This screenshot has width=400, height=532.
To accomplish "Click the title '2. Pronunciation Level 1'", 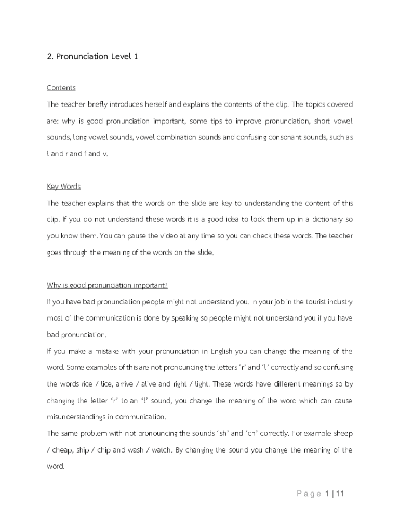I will (92, 56).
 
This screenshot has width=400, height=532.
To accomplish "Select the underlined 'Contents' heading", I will (61, 88).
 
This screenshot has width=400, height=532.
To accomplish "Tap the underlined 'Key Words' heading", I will (64, 187).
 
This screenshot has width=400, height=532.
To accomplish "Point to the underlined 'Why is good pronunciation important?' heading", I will (108, 285).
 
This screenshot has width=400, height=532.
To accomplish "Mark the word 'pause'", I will (146, 236).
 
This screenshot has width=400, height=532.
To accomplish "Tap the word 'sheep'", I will (343, 433).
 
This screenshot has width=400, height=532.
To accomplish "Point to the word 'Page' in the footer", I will (309, 494).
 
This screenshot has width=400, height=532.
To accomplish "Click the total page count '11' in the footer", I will (340, 494).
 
